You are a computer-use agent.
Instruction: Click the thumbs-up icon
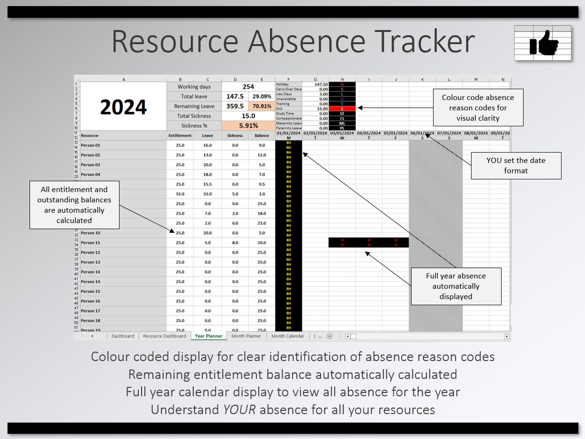pos(543,43)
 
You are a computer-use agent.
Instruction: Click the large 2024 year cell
pos(123,107)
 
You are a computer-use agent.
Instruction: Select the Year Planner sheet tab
pos(209,336)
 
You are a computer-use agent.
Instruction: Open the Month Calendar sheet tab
pos(288,336)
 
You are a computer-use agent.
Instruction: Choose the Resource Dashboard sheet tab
pos(164,336)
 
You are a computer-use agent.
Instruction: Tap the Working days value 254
pos(248,87)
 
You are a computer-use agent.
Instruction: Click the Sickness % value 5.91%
pos(248,126)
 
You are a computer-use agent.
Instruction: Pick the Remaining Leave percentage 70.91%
pos(262,106)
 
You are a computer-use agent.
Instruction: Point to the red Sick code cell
pos(342,109)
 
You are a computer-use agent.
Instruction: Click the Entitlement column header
pos(180,135)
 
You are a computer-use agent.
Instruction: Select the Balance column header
pos(262,135)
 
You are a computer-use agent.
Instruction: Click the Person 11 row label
pos(91,243)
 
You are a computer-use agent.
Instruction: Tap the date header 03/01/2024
pos(342,133)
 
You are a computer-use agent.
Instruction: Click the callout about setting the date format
pos(516,166)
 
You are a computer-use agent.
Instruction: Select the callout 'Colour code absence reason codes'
pos(478,108)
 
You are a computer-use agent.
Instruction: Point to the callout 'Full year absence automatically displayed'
pos(456,286)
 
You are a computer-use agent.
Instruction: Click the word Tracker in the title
pos(424,41)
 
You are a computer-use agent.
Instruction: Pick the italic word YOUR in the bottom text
pos(239,410)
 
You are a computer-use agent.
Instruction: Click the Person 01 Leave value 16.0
pos(207,145)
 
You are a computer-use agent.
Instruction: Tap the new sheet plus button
pos(330,336)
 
